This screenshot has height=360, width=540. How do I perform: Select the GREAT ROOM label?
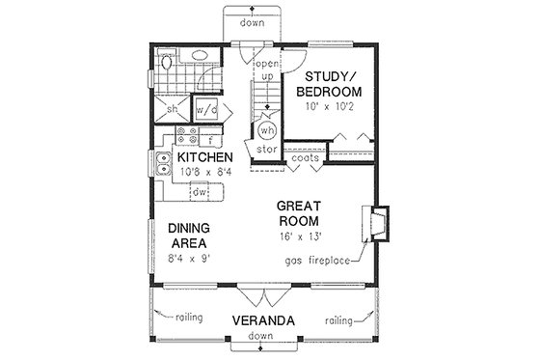pyautogui.click(x=300, y=213)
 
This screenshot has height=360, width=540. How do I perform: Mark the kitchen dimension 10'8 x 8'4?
pyautogui.click(x=202, y=174)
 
